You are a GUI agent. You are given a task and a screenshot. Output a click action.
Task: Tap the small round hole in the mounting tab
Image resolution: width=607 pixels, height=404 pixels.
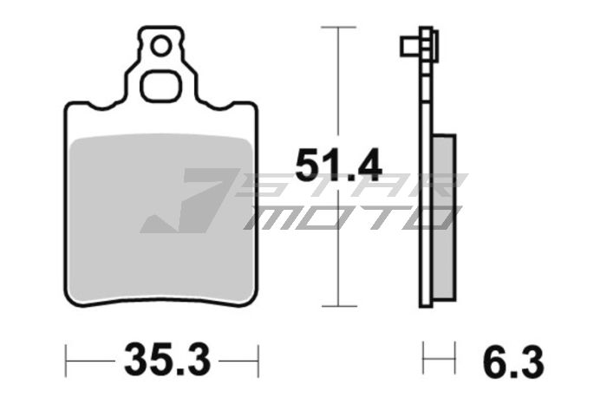pos(159,46)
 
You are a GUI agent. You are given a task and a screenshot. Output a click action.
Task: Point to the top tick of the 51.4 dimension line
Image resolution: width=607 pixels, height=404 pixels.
pos(338,28)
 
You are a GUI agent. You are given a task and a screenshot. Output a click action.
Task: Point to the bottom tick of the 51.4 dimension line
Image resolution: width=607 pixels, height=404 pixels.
pos(338,306)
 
